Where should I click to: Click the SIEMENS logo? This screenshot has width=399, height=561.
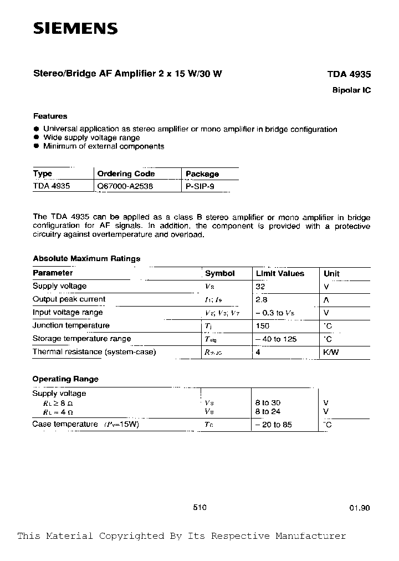75,29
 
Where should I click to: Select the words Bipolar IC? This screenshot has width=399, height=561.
351,90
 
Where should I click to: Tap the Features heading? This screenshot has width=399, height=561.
50,116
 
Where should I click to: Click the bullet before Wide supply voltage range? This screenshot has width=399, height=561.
36,138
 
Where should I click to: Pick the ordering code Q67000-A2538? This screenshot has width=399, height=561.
125,187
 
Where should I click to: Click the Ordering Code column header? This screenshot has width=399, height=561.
126,174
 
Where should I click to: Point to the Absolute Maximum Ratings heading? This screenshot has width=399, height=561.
86,258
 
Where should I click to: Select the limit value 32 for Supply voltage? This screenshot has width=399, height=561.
261,287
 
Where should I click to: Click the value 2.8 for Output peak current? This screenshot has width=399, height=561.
262,299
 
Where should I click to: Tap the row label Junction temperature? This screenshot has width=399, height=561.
71,325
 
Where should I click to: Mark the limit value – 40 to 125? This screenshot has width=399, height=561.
277,339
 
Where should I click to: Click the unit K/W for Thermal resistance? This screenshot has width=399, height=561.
331,352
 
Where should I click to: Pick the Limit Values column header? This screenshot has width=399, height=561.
280,273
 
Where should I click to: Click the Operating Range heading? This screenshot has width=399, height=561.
65,379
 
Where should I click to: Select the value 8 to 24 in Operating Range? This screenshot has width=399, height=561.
269,411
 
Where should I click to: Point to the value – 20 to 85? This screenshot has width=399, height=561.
274,425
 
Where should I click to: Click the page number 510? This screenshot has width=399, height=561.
200,507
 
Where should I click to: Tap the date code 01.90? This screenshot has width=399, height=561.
359,507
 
